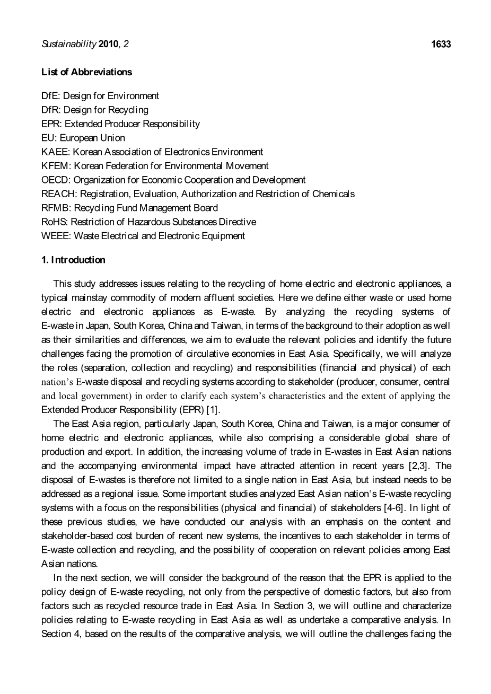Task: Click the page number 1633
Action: pos(441,45)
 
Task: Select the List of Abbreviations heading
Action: pos(86,72)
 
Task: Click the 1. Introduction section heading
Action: pos(73,260)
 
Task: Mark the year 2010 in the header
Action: pos(109,45)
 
